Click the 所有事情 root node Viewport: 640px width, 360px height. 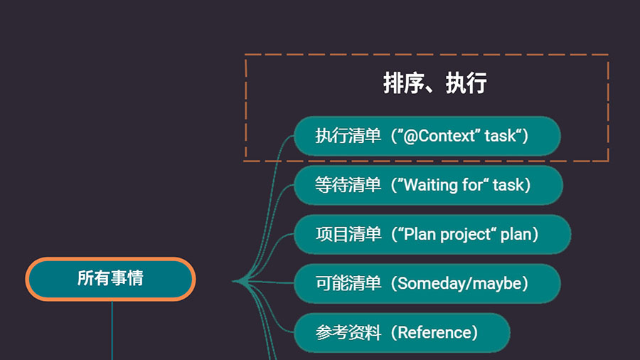(x=110, y=279)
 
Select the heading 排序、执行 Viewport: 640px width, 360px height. (x=434, y=83)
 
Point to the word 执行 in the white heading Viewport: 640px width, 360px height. (x=466, y=83)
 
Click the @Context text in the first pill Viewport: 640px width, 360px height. (x=439, y=136)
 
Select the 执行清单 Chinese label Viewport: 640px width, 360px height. (x=348, y=136)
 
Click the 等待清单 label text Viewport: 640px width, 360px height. (x=348, y=185)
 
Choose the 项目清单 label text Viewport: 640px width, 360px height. (x=348, y=234)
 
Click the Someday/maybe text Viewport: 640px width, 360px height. (x=459, y=284)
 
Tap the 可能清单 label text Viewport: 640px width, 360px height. (x=348, y=283)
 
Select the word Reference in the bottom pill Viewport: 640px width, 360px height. (x=434, y=333)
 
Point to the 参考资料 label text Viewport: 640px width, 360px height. (x=348, y=333)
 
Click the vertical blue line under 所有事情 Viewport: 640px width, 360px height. (x=112, y=331)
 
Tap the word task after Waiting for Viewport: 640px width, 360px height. (x=508, y=185)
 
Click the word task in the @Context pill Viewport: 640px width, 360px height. (x=500, y=136)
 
